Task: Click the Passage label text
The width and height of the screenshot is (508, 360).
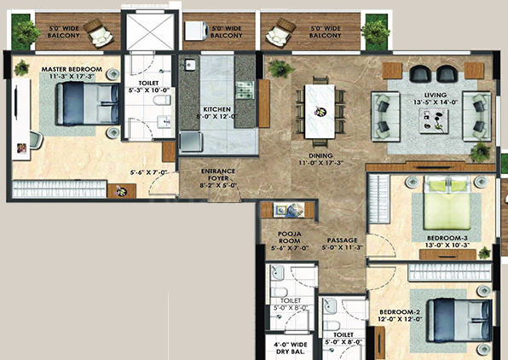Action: (340, 240)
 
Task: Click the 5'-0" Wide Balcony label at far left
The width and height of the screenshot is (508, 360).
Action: (64, 31)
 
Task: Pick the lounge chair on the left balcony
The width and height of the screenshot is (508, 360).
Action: (103, 37)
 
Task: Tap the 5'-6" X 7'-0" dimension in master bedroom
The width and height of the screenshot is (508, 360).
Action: (151, 171)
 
